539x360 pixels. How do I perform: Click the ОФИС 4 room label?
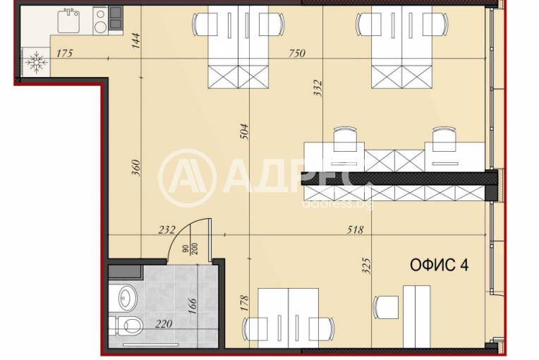(x=439, y=265)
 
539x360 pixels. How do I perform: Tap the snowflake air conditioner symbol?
(x=36, y=63)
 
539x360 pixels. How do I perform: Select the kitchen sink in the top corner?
(x=68, y=21)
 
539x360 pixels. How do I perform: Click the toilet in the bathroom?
(x=128, y=326)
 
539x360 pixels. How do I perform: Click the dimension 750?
(x=296, y=53)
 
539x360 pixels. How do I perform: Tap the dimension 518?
(x=355, y=229)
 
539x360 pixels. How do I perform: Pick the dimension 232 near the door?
(x=166, y=229)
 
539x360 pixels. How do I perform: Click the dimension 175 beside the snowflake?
(x=65, y=53)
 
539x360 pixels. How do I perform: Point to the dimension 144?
(x=136, y=40)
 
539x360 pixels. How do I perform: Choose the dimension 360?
(x=136, y=167)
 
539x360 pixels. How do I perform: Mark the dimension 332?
(x=317, y=88)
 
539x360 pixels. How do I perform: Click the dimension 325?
(x=367, y=266)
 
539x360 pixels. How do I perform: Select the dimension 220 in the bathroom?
(x=164, y=323)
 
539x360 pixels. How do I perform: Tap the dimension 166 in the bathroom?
(x=193, y=306)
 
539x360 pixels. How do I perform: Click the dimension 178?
(x=244, y=303)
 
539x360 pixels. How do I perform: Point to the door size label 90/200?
(x=190, y=248)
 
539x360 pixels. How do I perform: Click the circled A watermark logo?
(x=188, y=178)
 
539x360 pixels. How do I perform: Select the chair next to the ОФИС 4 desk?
(x=387, y=307)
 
